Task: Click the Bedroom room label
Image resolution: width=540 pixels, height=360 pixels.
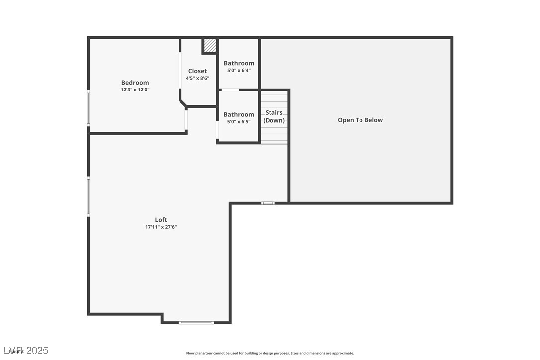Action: [135, 83]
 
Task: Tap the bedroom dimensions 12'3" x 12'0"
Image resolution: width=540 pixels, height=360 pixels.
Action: [135, 90]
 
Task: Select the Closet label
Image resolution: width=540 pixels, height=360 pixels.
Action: [197, 71]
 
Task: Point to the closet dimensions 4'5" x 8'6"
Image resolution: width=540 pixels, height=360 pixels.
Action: [197, 78]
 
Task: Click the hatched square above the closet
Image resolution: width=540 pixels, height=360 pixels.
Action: [210, 46]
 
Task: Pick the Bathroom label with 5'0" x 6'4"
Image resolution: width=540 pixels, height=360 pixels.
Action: [239, 63]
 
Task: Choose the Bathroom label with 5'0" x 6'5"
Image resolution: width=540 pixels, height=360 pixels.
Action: [239, 114]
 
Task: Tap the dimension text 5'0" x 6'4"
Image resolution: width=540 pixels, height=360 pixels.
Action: [239, 70]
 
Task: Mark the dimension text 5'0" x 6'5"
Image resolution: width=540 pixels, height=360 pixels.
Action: [239, 121]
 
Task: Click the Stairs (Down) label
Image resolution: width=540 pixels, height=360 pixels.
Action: [274, 116]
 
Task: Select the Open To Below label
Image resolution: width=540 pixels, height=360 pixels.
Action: [360, 120]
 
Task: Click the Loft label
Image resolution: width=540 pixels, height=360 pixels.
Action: [161, 220]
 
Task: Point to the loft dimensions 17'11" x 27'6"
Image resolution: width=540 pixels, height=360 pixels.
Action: [161, 227]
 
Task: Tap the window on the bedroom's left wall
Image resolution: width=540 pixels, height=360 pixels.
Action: [89, 108]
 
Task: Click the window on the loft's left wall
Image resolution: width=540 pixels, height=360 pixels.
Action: [89, 196]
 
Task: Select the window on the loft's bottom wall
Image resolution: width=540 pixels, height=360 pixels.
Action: [196, 323]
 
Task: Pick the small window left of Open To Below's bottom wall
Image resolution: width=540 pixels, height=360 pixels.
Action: [268, 203]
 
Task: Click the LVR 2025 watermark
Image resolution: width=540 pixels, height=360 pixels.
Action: [25, 351]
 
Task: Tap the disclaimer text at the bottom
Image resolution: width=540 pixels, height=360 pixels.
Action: [270, 353]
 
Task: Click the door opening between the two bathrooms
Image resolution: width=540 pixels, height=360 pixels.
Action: [230, 90]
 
